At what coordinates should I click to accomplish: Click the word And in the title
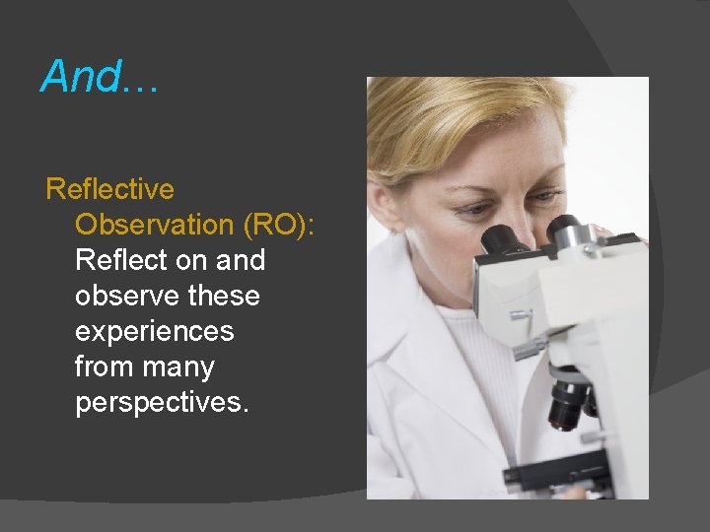(x=82, y=76)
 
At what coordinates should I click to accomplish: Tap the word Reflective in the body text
(x=109, y=188)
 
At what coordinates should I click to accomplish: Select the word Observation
(x=154, y=224)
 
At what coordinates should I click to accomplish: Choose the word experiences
(x=155, y=331)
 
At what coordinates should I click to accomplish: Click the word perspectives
(x=158, y=403)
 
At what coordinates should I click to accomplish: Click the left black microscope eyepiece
(x=501, y=239)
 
